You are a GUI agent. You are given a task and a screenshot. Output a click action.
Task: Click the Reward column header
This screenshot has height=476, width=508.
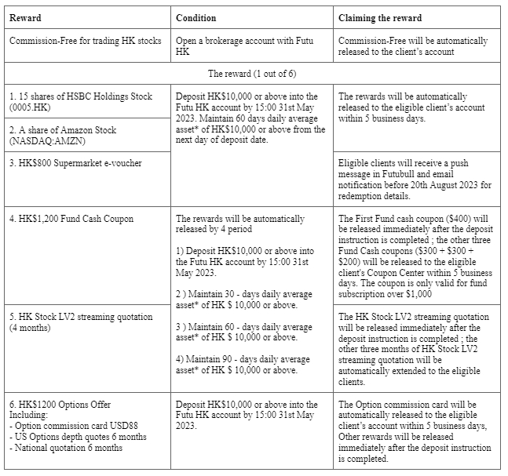26,17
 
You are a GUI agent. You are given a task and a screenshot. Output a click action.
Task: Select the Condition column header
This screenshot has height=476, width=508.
196,17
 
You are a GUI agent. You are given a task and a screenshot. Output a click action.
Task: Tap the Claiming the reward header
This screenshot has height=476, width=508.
379,17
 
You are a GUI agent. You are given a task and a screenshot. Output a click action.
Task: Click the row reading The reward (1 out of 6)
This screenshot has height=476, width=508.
253,73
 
